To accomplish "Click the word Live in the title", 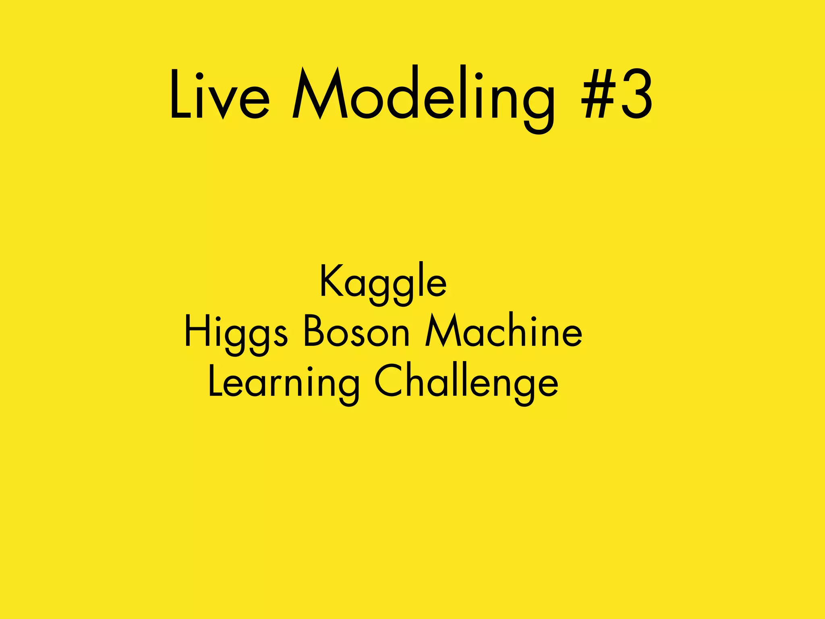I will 219,95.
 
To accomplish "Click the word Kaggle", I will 383,282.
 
